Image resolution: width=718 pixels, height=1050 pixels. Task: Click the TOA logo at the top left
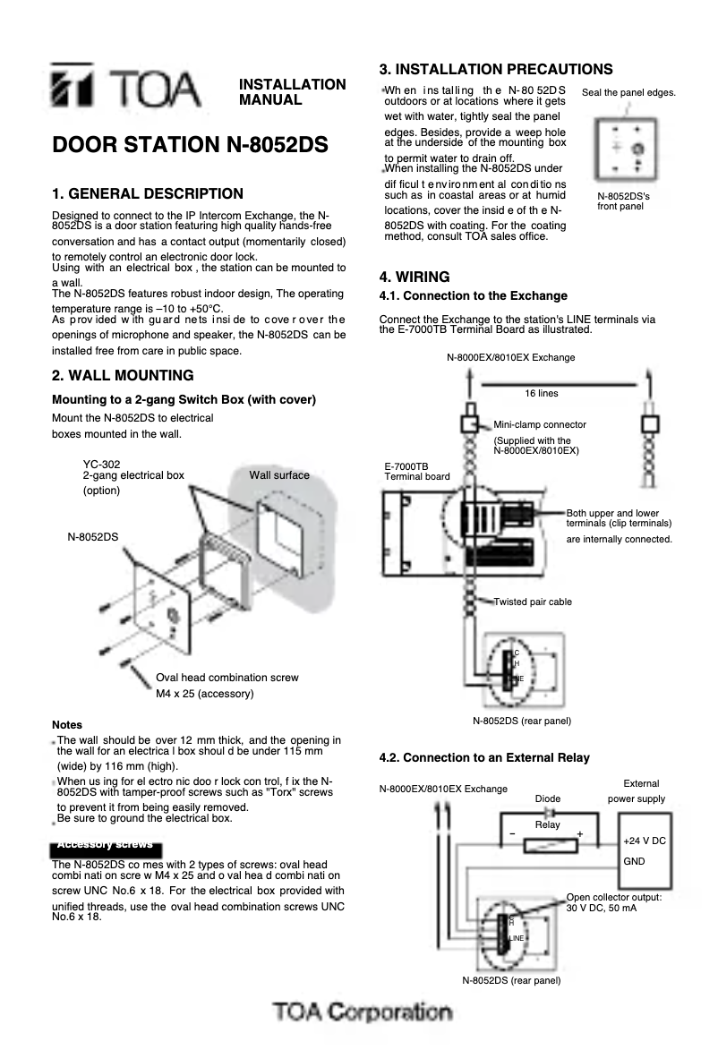125,88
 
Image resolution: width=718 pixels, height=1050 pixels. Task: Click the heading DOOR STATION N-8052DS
190,145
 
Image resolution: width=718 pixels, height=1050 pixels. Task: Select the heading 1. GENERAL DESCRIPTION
148,193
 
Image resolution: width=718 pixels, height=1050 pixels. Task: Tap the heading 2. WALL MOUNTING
123,375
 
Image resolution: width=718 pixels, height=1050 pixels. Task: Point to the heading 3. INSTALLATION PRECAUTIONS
496,69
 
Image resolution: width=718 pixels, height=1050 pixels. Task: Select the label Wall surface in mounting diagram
279,474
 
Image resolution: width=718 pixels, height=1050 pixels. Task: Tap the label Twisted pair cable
533,602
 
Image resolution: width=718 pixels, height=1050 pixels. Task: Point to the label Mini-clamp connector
540,424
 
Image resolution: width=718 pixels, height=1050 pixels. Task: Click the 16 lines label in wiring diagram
541,393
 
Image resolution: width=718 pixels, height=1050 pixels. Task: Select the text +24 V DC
644,841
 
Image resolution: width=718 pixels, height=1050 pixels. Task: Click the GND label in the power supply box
634,860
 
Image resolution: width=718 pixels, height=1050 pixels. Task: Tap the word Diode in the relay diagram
547,798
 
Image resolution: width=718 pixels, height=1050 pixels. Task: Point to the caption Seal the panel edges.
628,92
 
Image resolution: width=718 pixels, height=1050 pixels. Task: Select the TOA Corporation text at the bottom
363,1012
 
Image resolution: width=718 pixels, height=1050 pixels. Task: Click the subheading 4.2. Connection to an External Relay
484,757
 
